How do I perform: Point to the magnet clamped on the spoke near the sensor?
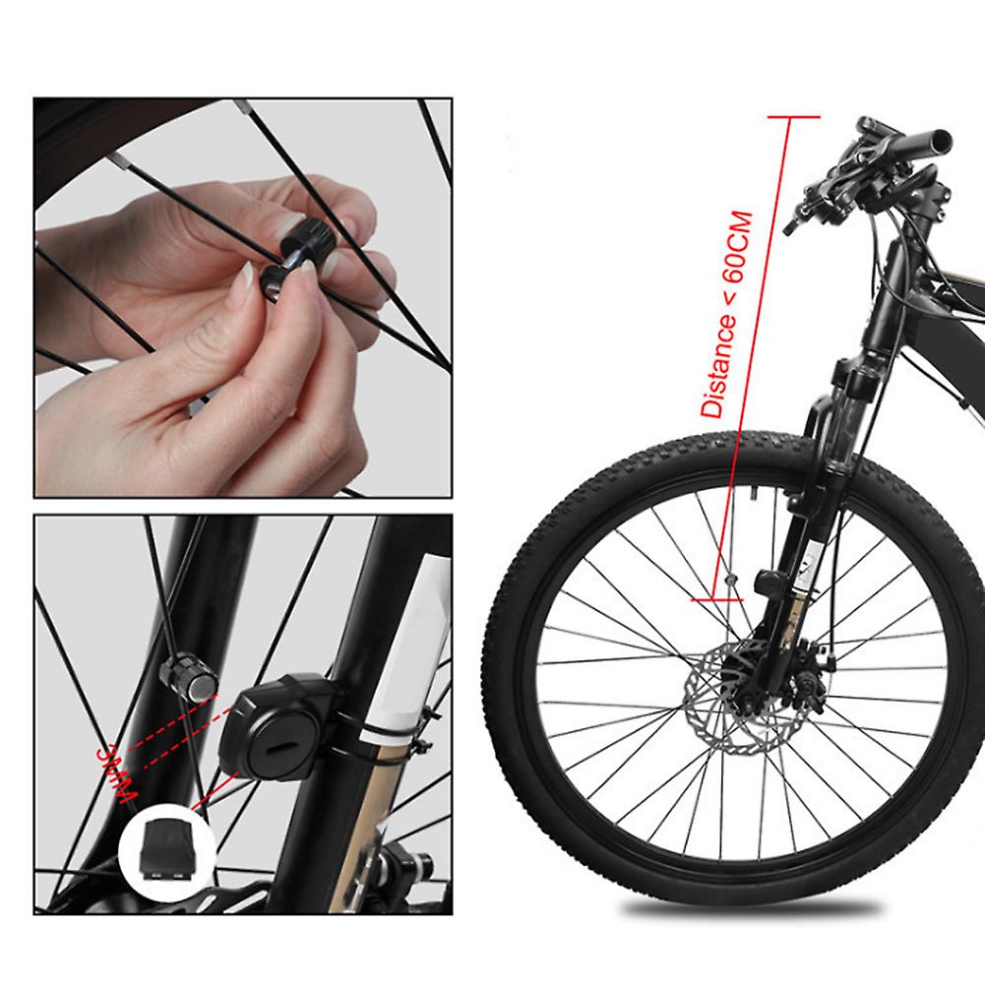186,676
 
